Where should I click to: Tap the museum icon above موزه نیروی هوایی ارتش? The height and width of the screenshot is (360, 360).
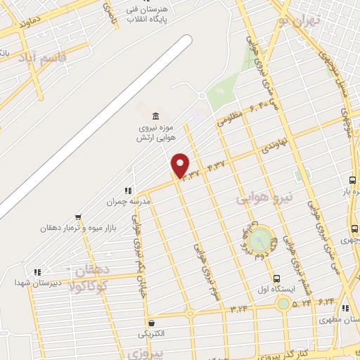(x=155, y=115)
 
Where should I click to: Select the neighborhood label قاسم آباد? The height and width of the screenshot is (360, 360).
(x=42, y=58)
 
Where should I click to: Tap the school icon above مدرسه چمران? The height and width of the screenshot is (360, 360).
(x=128, y=190)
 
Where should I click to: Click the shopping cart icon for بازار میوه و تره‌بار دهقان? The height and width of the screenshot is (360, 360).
(x=78, y=217)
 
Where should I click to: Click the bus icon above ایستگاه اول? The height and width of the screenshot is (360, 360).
(x=276, y=278)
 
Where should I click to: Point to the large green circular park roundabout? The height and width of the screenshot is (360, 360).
(x=261, y=239)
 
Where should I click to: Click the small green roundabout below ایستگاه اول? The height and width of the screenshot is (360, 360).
(x=283, y=303)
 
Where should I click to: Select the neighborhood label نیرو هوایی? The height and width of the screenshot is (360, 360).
(x=266, y=191)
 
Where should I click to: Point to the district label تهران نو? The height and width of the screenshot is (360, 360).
(x=299, y=22)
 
